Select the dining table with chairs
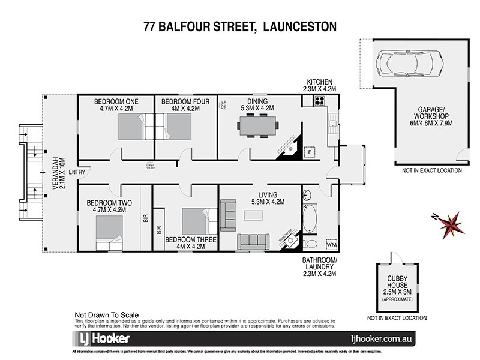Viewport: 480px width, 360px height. [x=258, y=127]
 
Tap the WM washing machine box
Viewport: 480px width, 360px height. [x=331, y=245]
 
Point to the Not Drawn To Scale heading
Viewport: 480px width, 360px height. [x=106, y=314]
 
